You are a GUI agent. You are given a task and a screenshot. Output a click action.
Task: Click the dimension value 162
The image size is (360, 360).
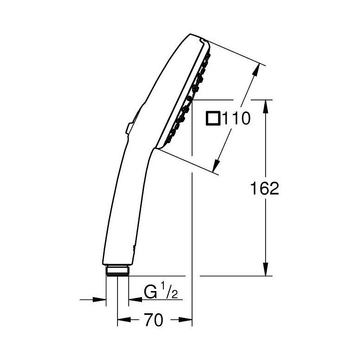coord(265,188)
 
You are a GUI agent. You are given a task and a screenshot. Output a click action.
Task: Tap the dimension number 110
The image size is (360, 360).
coord(236,119)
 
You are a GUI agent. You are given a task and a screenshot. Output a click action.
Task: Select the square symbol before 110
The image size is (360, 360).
coord(213,119)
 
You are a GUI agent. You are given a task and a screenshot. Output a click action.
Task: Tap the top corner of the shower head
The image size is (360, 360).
coord(194,35)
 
